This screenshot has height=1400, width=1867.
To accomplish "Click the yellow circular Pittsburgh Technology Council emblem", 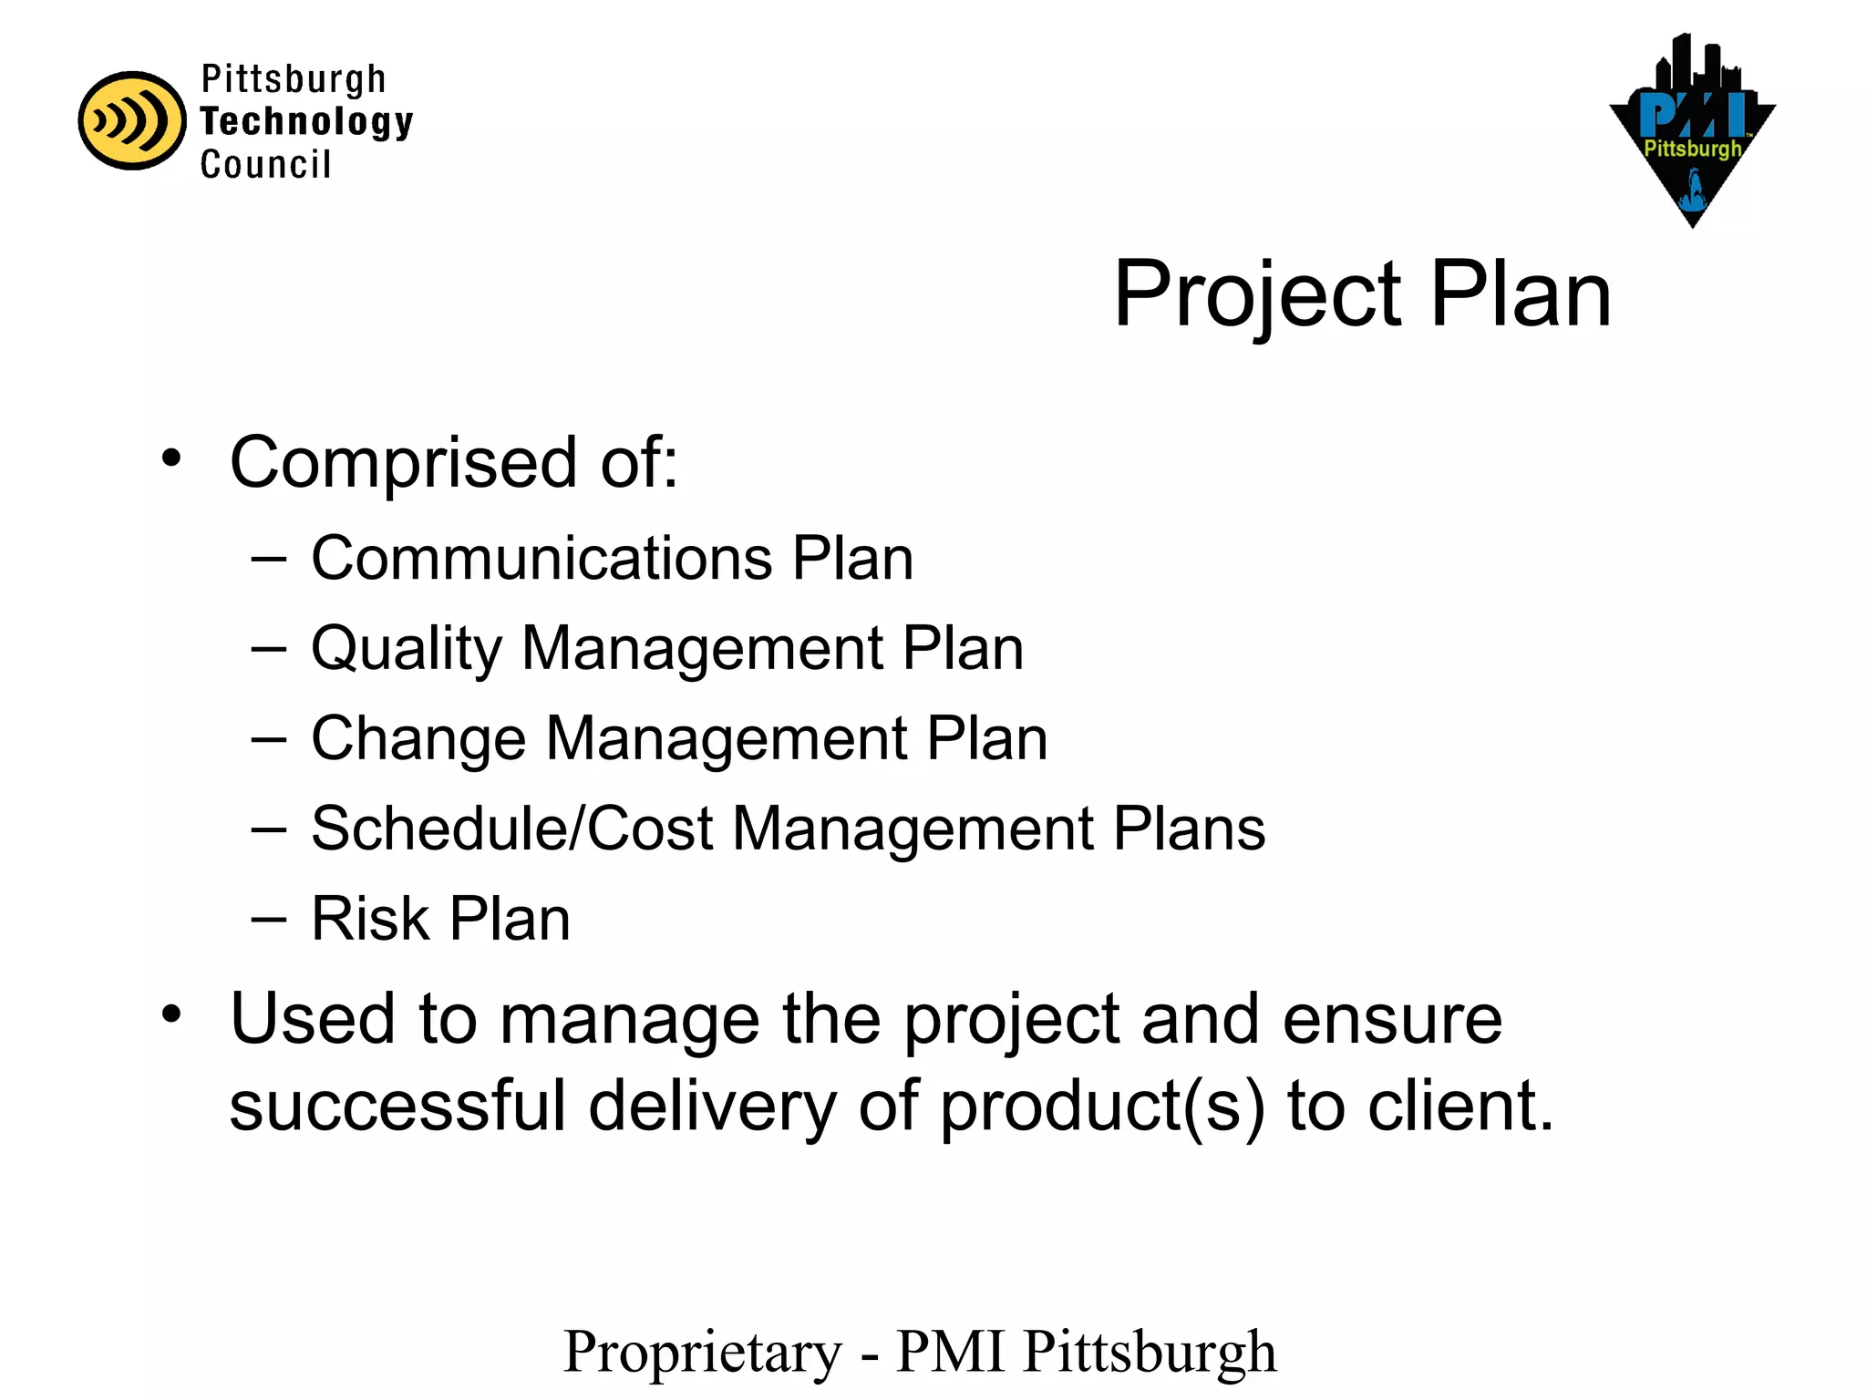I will click(x=131, y=120).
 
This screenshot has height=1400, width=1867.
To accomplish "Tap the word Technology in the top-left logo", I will click(x=306, y=122).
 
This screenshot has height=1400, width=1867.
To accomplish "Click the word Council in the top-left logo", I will click(x=265, y=165).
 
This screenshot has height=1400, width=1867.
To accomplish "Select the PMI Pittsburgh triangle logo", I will click(x=1692, y=131).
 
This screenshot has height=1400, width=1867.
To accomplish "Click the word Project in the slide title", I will click(x=1257, y=295).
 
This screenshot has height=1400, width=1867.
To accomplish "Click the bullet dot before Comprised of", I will click(x=171, y=458).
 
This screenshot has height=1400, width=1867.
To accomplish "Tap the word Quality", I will click(x=407, y=649).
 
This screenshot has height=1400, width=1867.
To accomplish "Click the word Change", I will click(x=418, y=738).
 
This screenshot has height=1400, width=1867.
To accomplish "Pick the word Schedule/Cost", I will click(x=511, y=829).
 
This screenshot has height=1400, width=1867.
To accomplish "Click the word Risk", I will click(x=369, y=918).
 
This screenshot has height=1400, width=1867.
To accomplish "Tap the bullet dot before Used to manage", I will click(x=171, y=1014).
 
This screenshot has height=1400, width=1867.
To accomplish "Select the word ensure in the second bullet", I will click(x=1392, y=1019).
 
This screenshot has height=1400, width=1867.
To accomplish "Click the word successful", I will click(x=397, y=1106).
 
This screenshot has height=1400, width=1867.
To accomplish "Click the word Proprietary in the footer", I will click(x=703, y=1353).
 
